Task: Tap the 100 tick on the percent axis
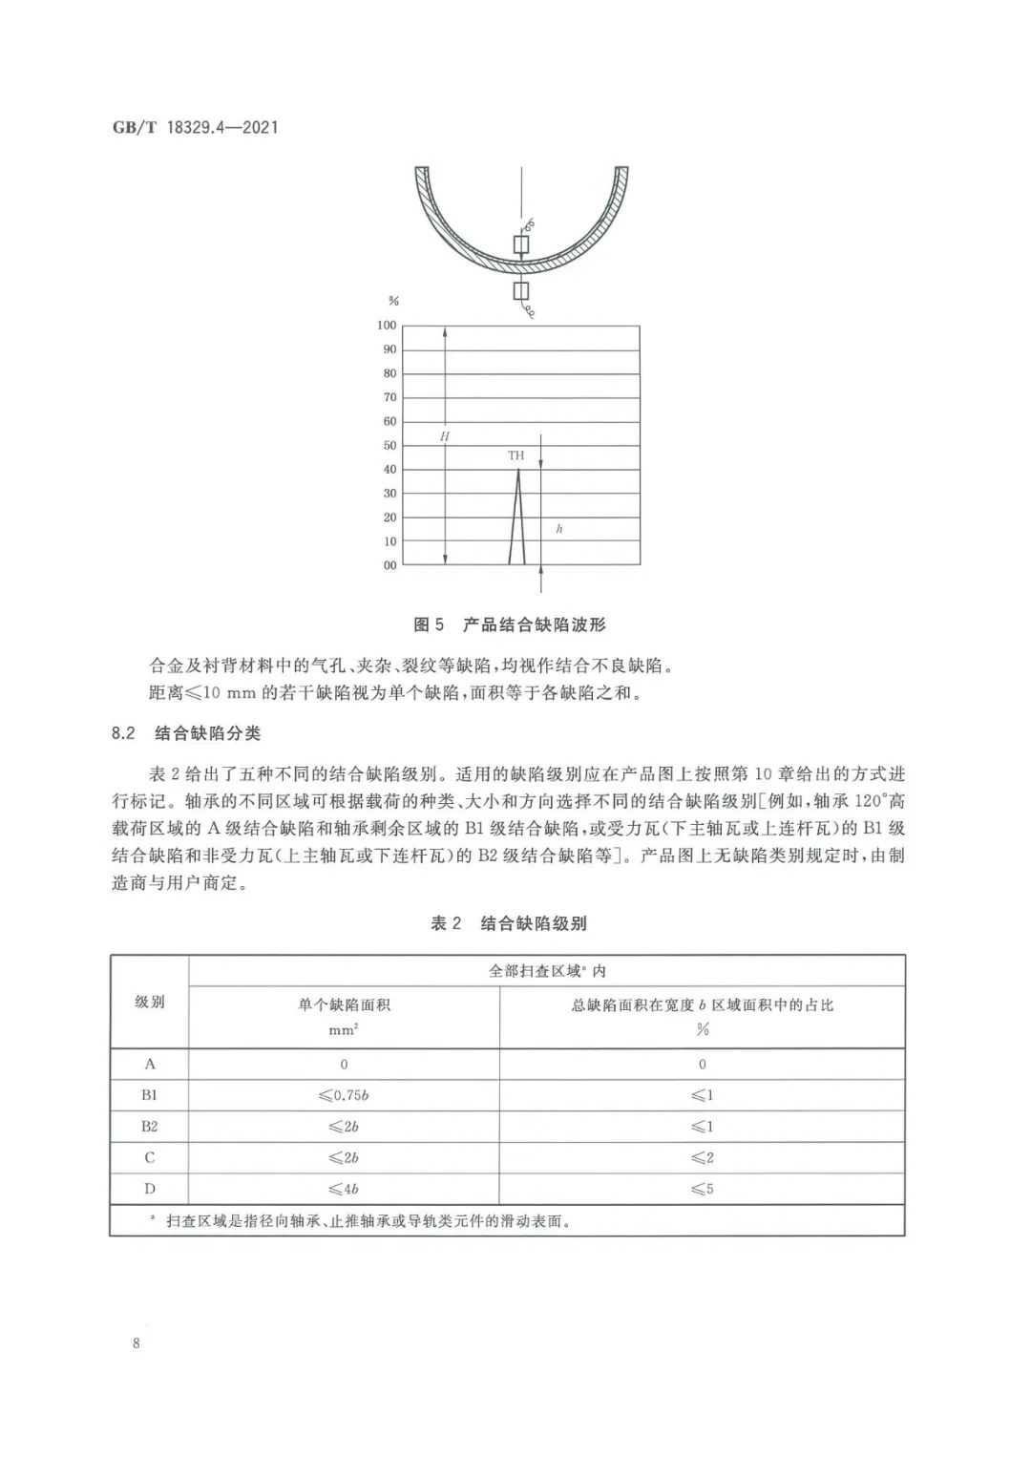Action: click(386, 326)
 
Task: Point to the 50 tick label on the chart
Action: click(389, 446)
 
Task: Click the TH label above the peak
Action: click(515, 456)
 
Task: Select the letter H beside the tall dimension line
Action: click(444, 436)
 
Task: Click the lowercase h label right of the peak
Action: click(558, 528)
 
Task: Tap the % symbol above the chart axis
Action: click(393, 301)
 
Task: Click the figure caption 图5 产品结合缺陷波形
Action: click(509, 625)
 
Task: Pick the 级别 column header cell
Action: click(150, 1002)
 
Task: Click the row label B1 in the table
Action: click(150, 1095)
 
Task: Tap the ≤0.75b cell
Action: click(344, 1095)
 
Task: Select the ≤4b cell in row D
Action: click(344, 1189)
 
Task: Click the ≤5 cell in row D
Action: click(703, 1189)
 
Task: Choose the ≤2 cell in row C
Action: click(703, 1158)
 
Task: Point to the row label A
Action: click(150, 1064)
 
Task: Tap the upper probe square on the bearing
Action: click(520, 245)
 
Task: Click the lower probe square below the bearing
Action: click(520, 290)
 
